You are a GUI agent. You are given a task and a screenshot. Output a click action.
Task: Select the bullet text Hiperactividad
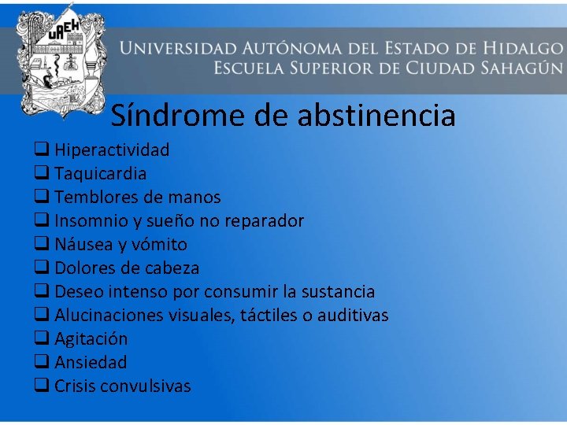click(112, 150)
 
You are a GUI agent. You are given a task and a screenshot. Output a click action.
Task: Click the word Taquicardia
click(100, 173)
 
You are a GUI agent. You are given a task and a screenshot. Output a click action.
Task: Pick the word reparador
click(264, 220)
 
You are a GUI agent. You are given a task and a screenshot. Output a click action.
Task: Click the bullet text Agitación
click(91, 338)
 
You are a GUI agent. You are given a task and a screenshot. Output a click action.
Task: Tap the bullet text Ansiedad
click(91, 362)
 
